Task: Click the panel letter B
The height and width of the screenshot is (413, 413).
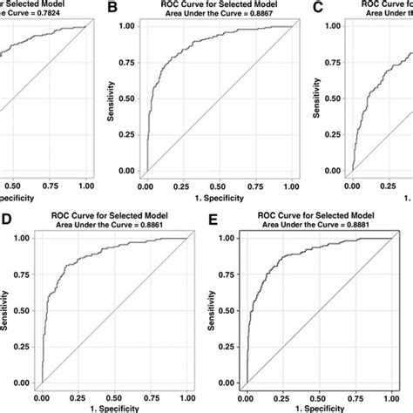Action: point(112,9)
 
